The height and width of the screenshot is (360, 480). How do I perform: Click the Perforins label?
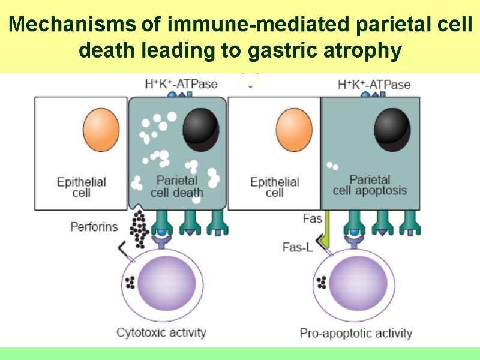click(94, 227)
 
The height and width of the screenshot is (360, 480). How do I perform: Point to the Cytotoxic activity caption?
click(161, 332)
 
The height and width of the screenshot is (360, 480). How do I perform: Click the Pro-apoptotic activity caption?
click(356, 333)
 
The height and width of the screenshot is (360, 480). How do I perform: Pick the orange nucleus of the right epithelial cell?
click(294, 131)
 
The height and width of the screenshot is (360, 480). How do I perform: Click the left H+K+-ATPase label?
click(181, 85)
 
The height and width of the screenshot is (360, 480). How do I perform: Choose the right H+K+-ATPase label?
click(374, 85)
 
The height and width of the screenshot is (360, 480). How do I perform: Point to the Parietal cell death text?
click(177, 185)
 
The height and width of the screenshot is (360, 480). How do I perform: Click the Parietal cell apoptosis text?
click(370, 185)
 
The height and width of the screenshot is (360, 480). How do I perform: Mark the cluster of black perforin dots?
click(140, 229)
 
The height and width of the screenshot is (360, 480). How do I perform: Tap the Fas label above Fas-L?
click(312, 219)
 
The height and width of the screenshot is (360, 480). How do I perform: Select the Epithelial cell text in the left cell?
click(82, 187)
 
